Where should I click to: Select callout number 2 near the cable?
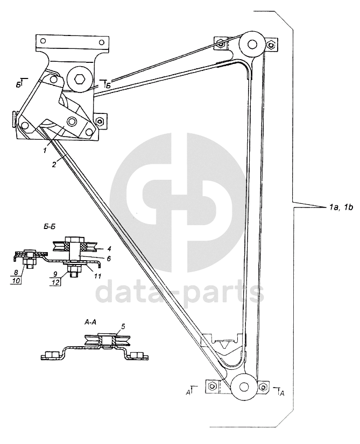[x=54, y=164]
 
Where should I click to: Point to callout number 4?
[x=109, y=234]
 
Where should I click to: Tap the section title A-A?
[x=91, y=321]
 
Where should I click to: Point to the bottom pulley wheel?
[x=244, y=388]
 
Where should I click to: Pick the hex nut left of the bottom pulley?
[x=212, y=385]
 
